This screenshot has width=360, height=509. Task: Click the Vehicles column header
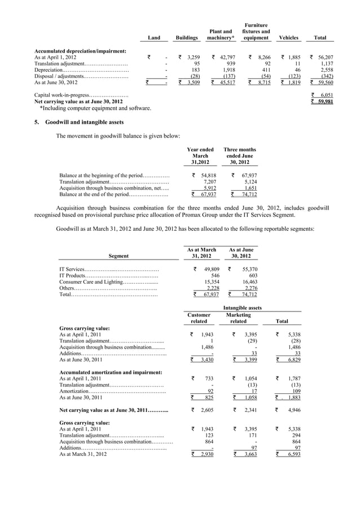click(288, 38)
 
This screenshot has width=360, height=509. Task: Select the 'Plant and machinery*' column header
click(221, 34)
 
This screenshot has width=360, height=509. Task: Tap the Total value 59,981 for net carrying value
click(323, 102)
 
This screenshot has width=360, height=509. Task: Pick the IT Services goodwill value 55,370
click(248, 269)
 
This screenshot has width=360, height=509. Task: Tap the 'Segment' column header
click(118, 256)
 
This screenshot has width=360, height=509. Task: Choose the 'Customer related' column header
click(199, 318)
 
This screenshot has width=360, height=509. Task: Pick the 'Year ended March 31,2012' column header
click(200, 156)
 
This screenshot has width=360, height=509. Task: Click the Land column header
click(153, 38)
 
